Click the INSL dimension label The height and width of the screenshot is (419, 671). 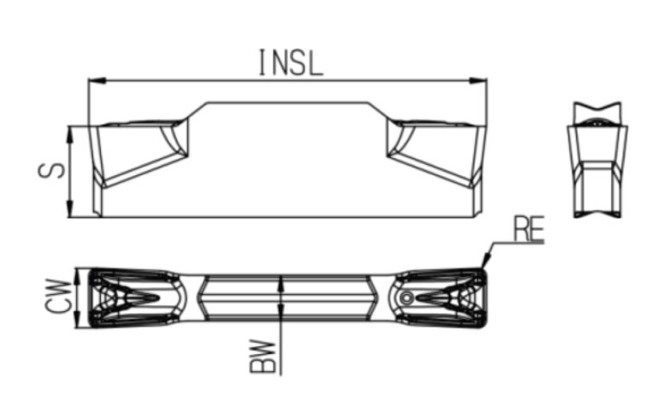[x=291, y=63]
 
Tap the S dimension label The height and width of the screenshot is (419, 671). [x=51, y=170]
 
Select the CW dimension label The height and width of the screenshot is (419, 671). [x=58, y=296]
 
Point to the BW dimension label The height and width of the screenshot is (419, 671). [x=262, y=356]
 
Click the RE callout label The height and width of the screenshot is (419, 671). [x=529, y=229]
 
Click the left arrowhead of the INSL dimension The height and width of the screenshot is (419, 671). [x=97, y=80]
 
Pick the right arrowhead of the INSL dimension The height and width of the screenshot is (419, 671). [x=478, y=80]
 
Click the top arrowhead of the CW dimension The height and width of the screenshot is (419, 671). [x=77, y=277]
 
